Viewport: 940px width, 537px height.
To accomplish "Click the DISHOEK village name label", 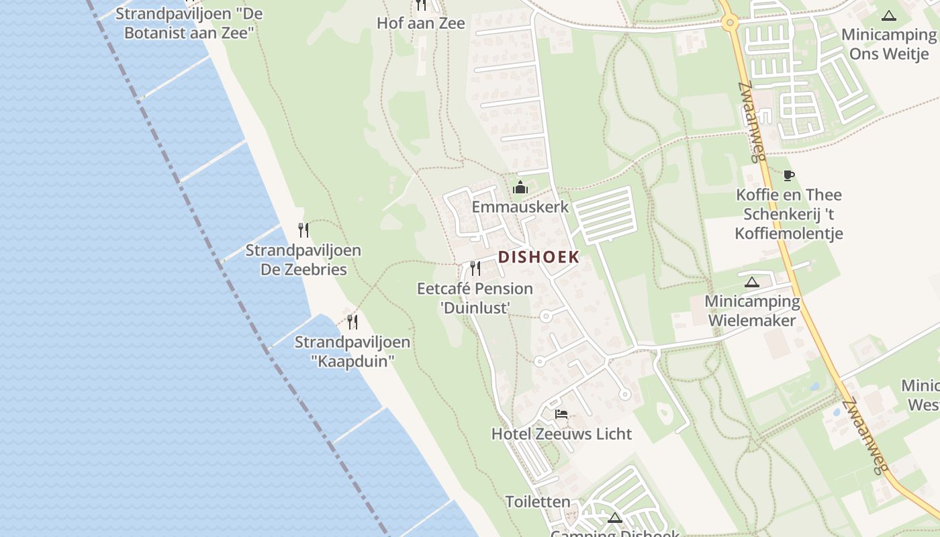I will (538, 257).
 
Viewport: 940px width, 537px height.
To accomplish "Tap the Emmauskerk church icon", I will (520, 188).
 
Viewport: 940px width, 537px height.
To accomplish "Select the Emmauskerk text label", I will (520, 207).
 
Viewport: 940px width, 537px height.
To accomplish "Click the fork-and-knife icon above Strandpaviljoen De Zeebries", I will (303, 230).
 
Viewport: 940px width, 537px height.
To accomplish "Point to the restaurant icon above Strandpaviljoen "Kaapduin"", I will (352, 322).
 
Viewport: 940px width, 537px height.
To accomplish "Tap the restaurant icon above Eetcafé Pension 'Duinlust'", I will (475, 268).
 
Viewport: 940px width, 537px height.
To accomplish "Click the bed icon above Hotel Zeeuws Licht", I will (561, 414).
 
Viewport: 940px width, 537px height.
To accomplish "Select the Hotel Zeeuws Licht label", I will (561, 434).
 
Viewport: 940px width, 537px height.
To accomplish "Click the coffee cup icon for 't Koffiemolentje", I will (789, 176).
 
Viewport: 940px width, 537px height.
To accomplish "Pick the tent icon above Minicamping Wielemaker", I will (751, 282).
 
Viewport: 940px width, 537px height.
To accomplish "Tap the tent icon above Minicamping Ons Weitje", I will (889, 15).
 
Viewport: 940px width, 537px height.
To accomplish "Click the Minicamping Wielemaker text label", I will (752, 311).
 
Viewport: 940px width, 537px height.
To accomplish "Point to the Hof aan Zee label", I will (421, 23).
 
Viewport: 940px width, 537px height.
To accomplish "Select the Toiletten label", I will (538, 501).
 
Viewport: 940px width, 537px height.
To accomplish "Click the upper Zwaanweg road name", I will (752, 122).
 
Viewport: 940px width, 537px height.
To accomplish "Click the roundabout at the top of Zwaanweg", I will (730, 23).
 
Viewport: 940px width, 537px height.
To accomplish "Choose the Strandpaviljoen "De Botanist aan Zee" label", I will (189, 23).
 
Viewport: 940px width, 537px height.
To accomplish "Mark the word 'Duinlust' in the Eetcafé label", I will (475, 307).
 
